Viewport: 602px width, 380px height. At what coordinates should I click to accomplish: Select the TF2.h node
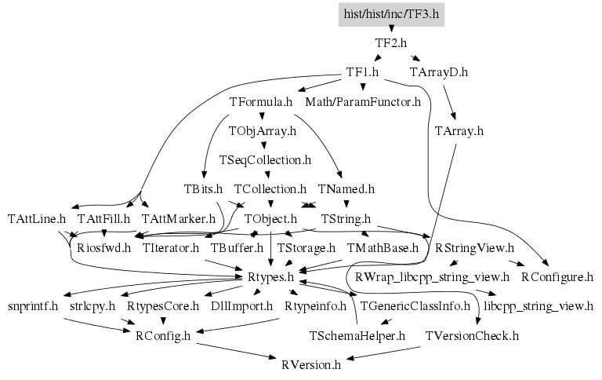coord(391,43)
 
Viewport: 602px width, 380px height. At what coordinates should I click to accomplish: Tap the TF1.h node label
coord(363,72)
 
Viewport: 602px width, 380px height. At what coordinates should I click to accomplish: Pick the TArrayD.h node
coord(439,72)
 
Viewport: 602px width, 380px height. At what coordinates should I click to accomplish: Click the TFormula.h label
coord(261,102)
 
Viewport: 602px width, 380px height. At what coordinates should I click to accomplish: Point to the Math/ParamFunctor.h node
coord(363,102)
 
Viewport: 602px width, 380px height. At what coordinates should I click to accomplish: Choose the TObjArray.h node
coord(262,130)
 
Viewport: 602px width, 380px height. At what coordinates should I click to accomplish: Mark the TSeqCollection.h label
coord(266,159)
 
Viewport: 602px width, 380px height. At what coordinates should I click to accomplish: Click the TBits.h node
coord(203,189)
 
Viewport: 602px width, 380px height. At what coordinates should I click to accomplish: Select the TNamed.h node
coord(346,189)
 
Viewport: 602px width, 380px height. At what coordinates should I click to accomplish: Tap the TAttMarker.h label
coord(179,217)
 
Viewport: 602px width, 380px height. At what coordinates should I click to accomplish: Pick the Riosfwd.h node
coord(98,247)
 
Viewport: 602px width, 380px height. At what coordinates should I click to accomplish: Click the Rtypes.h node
coord(270,276)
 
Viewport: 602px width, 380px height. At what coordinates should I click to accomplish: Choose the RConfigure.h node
coord(557,276)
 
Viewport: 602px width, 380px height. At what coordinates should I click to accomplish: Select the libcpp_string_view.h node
coord(539,305)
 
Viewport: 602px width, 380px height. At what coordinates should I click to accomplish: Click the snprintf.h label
coord(33,305)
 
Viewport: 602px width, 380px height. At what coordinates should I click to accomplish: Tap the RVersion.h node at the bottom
coord(311,364)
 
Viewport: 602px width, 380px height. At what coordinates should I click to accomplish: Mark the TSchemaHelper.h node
coord(357,335)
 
